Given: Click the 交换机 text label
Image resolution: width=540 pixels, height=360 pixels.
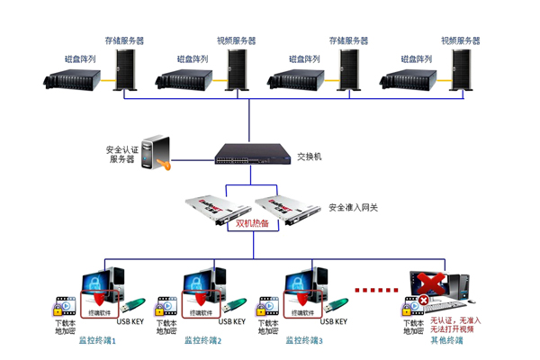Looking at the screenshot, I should point(309,157).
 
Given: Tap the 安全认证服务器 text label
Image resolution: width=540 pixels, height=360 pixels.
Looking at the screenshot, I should point(121,154).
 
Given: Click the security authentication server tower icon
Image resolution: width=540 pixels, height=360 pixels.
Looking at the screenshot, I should point(157,152).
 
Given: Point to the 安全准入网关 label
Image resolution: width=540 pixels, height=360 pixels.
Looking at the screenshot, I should point(354,207).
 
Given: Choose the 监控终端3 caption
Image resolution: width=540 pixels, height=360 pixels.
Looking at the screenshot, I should point(303,341).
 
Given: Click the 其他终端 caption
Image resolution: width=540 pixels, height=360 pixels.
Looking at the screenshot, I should point(446,341).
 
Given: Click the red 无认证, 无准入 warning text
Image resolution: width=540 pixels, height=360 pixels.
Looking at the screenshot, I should point(455,319).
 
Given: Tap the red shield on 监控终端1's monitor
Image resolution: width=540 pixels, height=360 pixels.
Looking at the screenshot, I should point(98,296).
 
